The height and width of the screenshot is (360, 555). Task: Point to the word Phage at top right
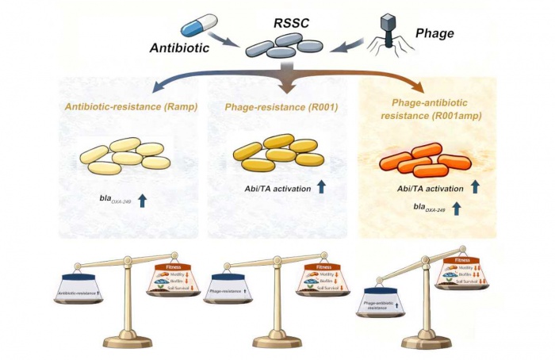pyautogui.click(x=434, y=33)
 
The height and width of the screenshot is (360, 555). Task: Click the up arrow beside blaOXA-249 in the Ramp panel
pyautogui.click(x=143, y=200)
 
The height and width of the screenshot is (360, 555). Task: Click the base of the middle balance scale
pyautogui.click(x=277, y=341)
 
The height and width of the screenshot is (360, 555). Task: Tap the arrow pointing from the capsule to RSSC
pyautogui.click(x=227, y=45)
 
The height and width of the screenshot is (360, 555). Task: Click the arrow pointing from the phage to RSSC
pyautogui.click(x=341, y=48)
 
